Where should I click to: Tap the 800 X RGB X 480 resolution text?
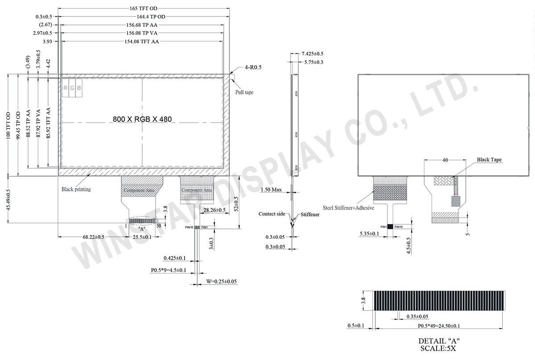coord(142,119)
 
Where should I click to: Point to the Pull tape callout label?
coord(244,92)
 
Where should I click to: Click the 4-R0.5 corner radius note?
coord(253,67)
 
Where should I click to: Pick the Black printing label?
coord(76,189)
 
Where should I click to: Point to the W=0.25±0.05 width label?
coord(221,281)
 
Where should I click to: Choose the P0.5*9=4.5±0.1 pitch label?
coord(168,270)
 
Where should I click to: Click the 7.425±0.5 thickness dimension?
coord(313,54)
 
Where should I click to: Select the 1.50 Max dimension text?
coord(271,190)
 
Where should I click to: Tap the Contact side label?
coord(272,214)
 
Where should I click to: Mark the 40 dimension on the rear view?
coord(444,160)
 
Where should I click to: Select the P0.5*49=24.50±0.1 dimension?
coord(439,326)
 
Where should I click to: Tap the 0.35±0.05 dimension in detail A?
coord(417,317)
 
